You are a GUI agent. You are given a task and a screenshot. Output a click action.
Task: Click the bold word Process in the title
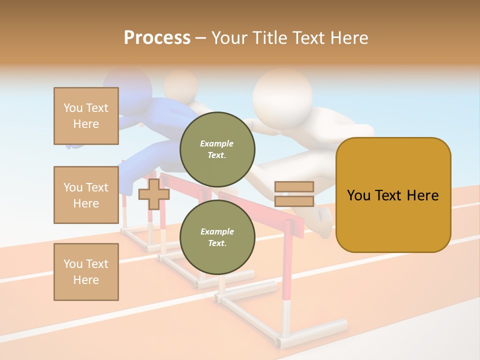[157, 38]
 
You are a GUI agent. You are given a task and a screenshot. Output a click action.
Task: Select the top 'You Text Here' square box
[86, 116]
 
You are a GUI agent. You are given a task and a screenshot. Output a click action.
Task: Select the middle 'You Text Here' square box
[86, 195]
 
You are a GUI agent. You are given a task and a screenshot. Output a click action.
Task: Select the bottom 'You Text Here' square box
[86, 271]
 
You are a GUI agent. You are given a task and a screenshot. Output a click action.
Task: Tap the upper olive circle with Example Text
[217, 149]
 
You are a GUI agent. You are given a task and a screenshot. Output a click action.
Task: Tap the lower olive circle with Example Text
[217, 237]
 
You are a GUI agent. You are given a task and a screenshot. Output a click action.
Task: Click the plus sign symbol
[153, 194]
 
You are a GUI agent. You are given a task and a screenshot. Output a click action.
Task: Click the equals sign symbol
[294, 194]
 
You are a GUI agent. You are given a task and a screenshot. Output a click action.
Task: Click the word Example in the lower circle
[217, 231]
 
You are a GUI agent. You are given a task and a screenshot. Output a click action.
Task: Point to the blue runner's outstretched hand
[75, 145]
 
